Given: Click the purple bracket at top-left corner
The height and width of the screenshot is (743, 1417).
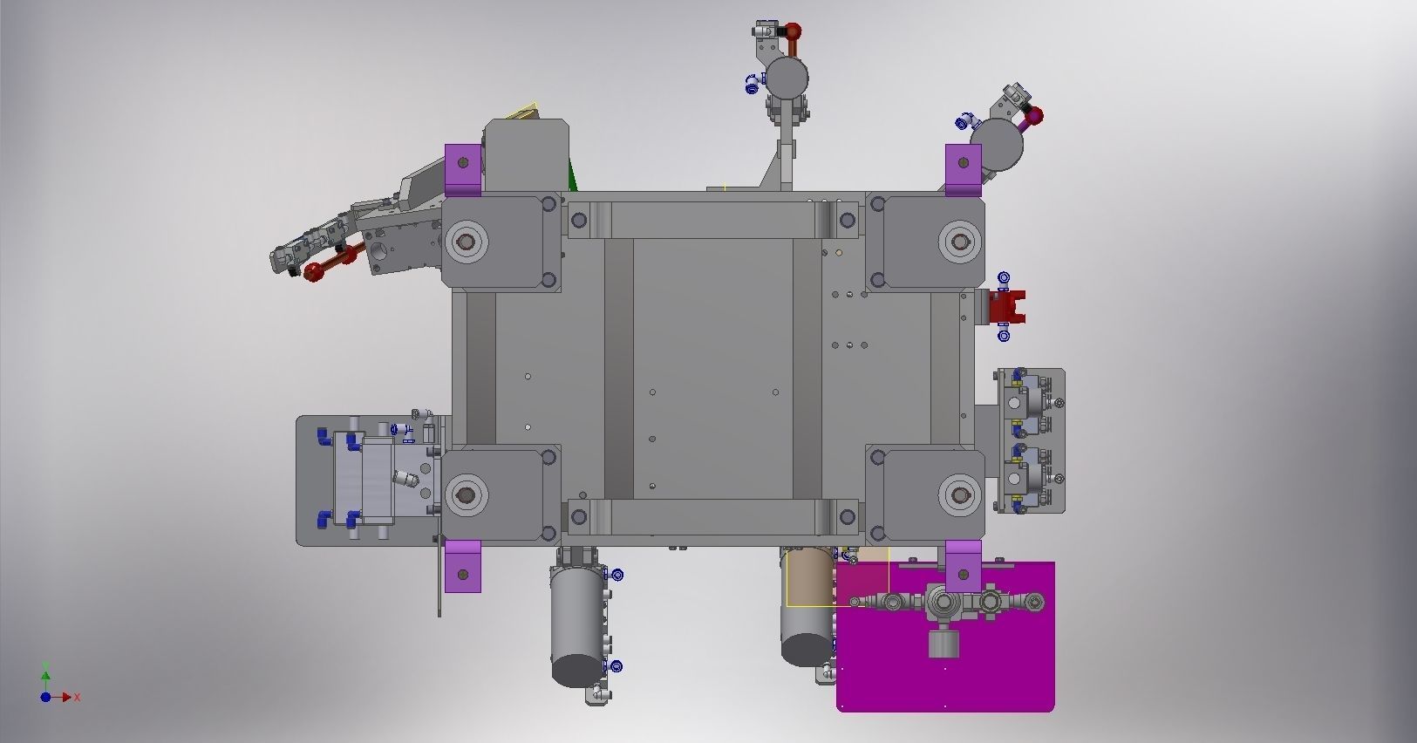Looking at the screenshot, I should click(x=463, y=170).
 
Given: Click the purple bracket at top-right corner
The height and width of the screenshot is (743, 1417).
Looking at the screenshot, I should click(x=963, y=168).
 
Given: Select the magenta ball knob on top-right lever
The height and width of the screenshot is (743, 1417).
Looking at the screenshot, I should click(x=1035, y=115).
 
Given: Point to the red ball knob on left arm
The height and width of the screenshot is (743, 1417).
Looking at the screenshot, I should click(x=314, y=273).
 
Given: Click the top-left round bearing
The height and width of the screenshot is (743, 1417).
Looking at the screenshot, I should click(x=466, y=242).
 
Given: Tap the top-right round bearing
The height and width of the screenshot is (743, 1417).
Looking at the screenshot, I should click(x=960, y=242).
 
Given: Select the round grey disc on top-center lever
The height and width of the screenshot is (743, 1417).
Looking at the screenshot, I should click(x=787, y=78).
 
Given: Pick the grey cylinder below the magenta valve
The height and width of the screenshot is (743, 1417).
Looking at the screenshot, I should click(x=941, y=644).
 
